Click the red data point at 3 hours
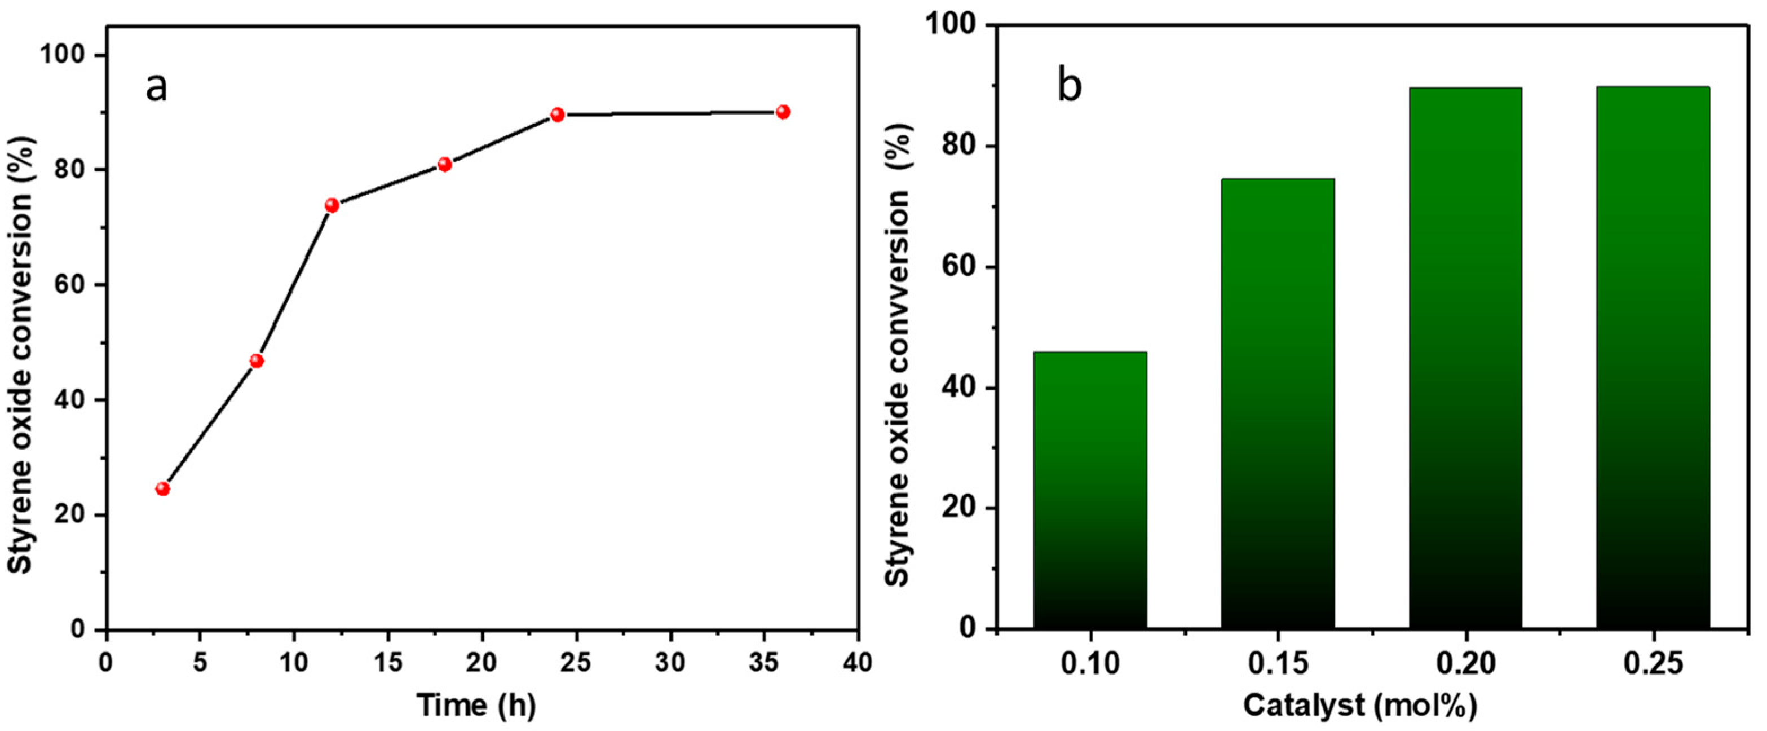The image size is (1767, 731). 162,488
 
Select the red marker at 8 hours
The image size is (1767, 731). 257,361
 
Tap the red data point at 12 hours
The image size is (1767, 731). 332,205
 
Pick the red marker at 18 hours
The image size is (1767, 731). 444,164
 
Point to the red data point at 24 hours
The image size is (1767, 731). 557,115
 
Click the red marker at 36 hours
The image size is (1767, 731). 783,112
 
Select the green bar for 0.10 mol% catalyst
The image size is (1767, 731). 1090,490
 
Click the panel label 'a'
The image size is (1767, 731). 156,87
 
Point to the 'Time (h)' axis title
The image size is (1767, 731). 477,705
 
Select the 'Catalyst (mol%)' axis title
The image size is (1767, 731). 1360,705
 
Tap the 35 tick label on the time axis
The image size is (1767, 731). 763,663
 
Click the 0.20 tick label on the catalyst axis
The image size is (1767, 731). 1466,664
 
